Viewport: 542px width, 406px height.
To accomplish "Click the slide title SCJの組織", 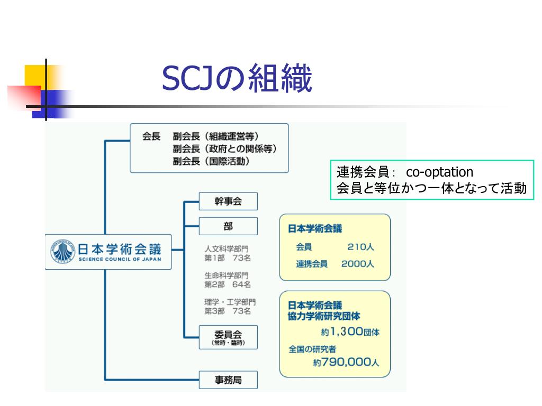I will coord(237,79).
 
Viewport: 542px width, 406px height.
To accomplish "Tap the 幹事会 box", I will coord(228,201).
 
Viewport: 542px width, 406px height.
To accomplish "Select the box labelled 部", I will coord(228,226).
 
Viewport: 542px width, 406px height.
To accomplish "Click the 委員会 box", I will coord(228,337).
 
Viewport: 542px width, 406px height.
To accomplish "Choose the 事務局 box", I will coord(228,380).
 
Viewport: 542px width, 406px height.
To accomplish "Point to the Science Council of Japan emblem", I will coord(63,252).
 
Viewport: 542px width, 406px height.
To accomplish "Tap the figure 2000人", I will coord(357,264).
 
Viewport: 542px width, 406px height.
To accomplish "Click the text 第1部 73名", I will coord(228,258).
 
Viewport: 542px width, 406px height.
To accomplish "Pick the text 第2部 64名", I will coord(228,284).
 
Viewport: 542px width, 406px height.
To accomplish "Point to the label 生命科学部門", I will coord(226,275).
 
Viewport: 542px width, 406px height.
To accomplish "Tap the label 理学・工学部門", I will coord(230,302).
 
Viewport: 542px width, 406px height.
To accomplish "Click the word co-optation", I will coord(439,172).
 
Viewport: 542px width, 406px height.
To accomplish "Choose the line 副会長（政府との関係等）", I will coord(224,149).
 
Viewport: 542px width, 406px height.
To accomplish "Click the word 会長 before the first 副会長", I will coord(151,136).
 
